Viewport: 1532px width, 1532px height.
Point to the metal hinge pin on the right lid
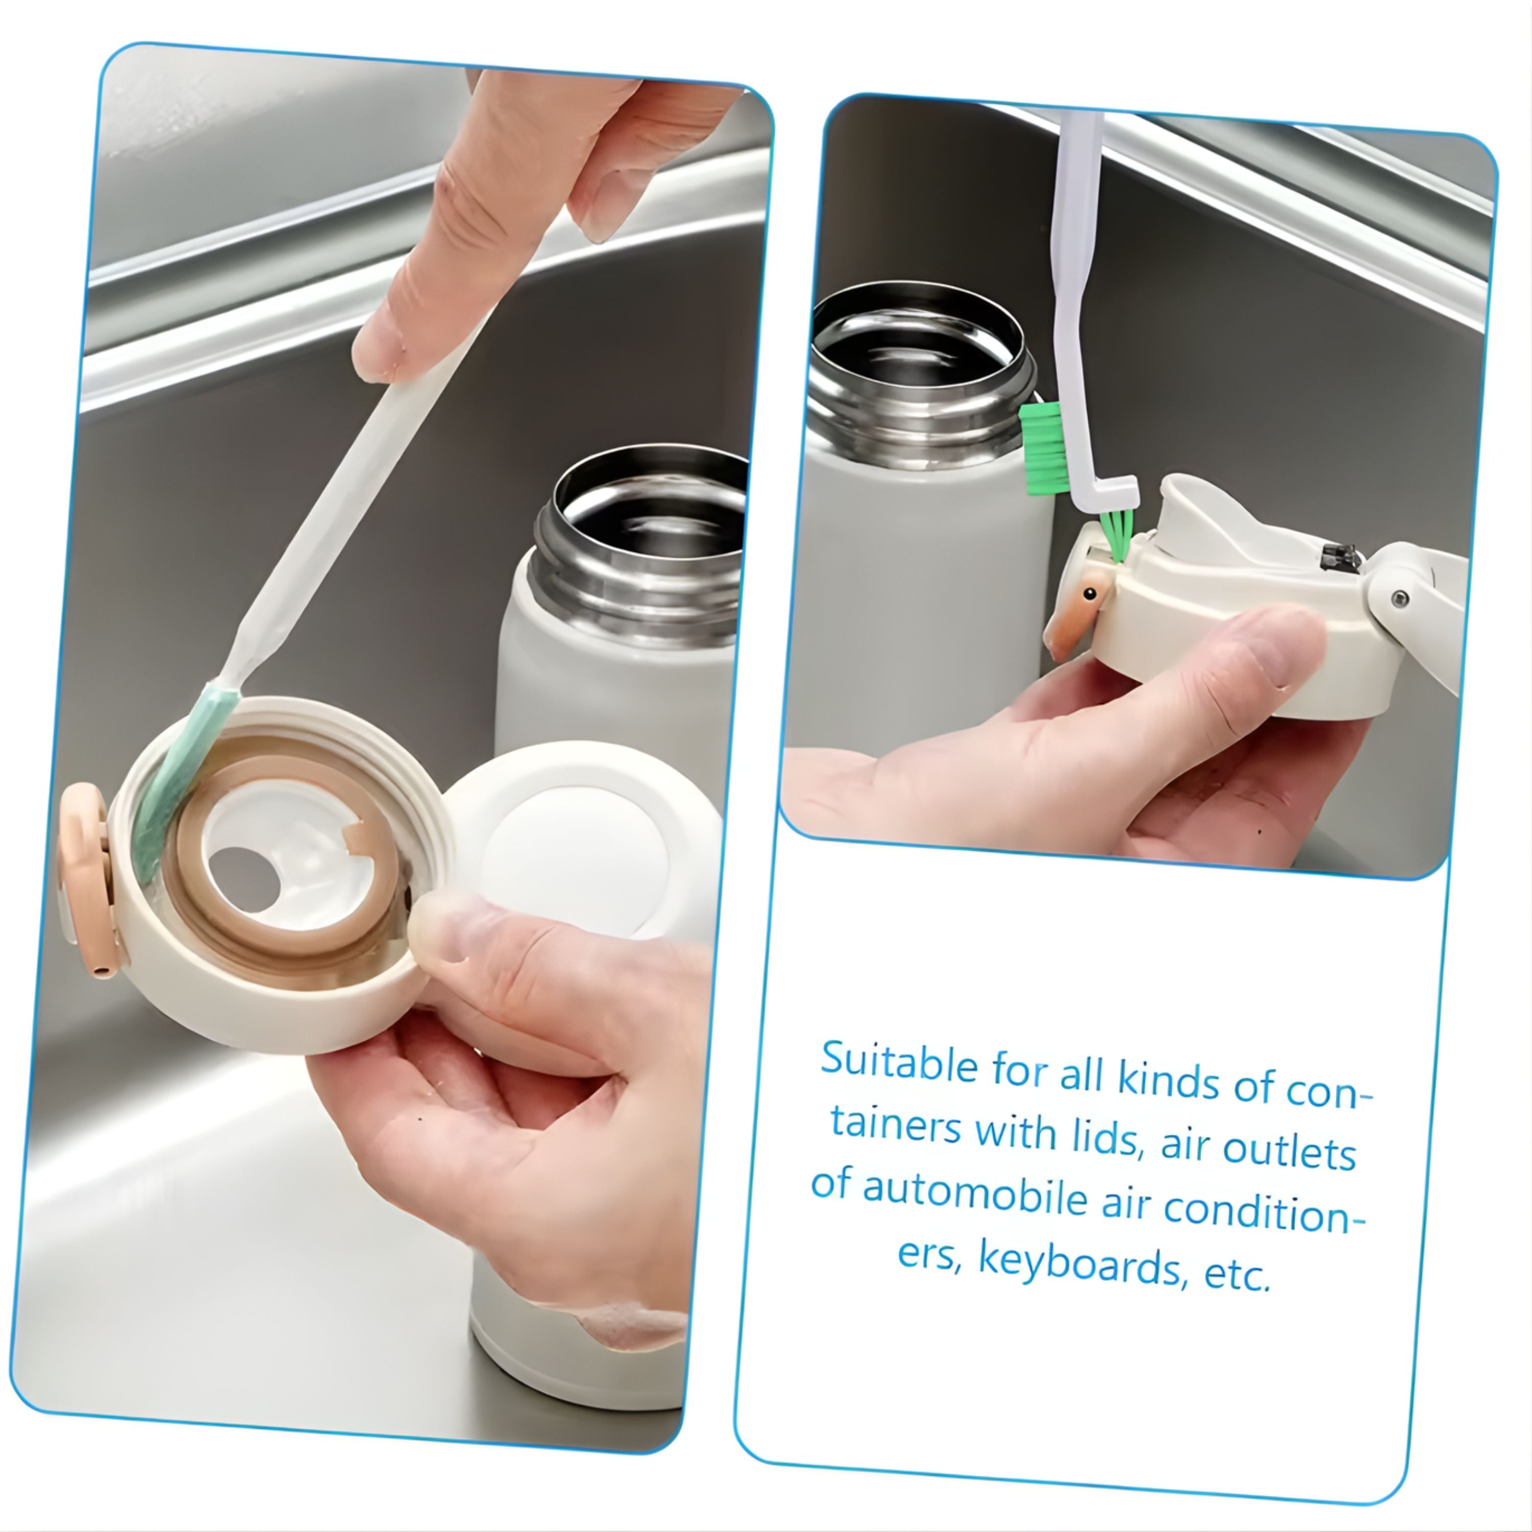coord(1400,598)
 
